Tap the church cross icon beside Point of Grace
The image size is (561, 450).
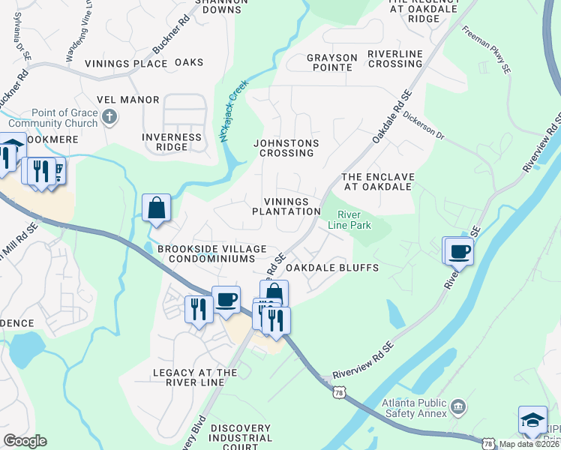pyautogui.click(x=109, y=116)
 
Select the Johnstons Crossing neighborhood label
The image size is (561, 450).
pyautogui.click(x=286, y=148)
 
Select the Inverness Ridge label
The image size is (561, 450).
pyautogui.click(x=172, y=142)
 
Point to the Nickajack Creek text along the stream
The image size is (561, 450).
pyautogui.click(x=232, y=112)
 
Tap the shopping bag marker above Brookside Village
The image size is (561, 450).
pyautogui.click(x=157, y=208)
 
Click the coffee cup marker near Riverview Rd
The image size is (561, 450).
pyautogui.click(x=458, y=251)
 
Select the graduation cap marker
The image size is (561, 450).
pyautogui.click(x=532, y=421)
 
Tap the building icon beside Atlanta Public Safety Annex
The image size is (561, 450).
pyautogui.click(x=458, y=409)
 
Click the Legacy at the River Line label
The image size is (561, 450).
pyautogui.click(x=195, y=377)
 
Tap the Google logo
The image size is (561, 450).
pyautogui.click(x=25, y=441)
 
